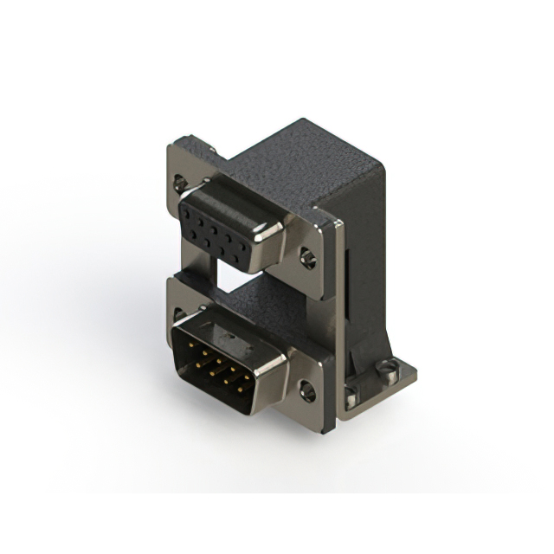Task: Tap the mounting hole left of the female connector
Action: coord(179,183)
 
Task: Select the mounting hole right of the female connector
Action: coord(307,257)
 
